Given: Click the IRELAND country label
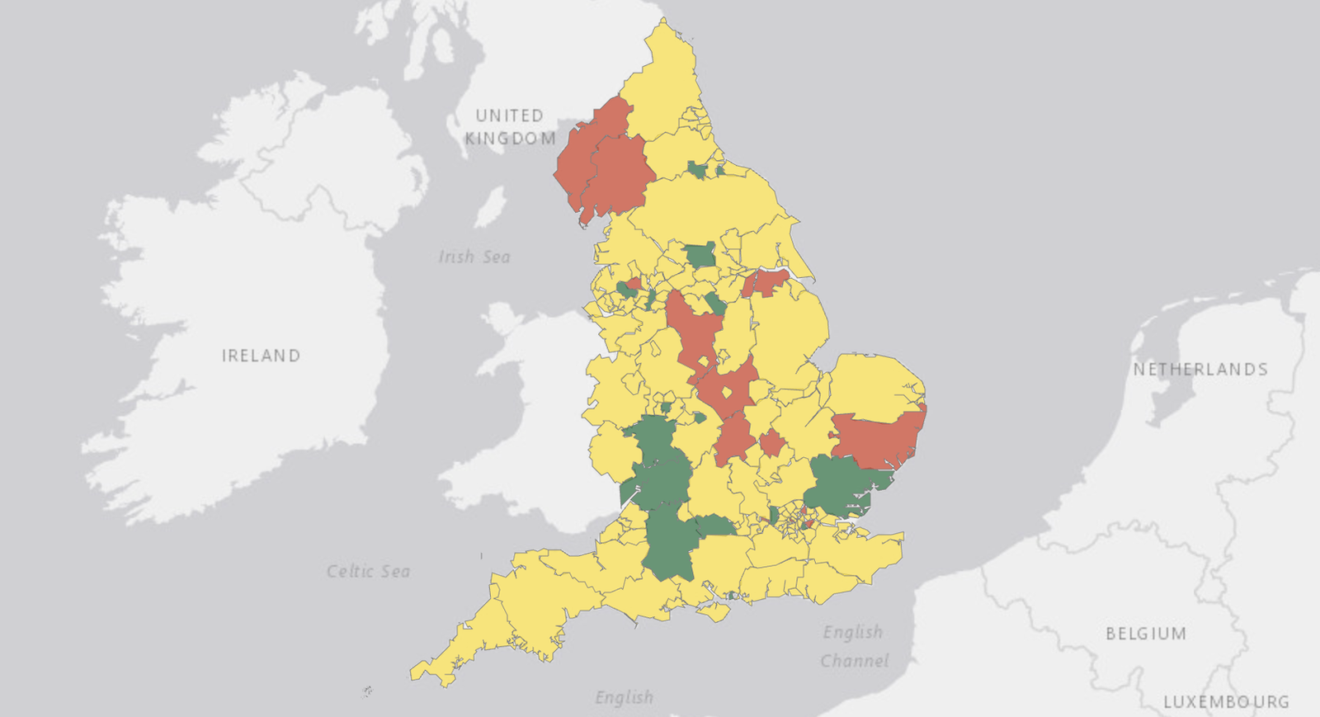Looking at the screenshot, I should point(261,356).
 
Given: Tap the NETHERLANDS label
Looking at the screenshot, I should point(1200,370).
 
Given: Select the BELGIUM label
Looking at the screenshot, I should point(1146,634).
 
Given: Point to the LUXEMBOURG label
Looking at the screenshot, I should point(1226,702).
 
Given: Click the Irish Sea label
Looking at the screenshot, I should point(474,257).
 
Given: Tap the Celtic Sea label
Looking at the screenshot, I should point(368,571).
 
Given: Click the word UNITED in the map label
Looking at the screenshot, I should point(509,116).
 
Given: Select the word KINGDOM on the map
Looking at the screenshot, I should point(510,139).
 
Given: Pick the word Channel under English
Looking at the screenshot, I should point(855,661).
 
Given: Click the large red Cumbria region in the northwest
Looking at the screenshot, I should point(606,169).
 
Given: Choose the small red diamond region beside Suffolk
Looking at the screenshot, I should point(772,443).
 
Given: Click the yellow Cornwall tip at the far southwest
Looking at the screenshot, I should point(437,668).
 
